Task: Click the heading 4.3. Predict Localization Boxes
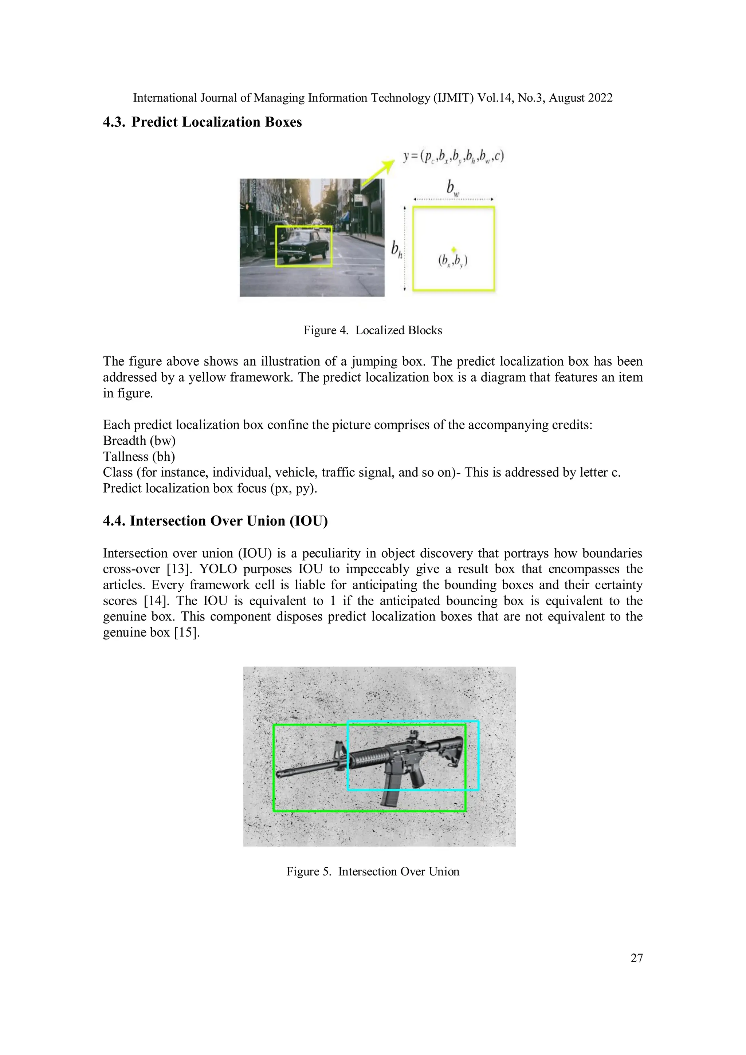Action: coord(202,122)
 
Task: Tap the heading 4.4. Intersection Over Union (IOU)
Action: coord(215,521)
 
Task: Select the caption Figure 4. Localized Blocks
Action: coord(372,330)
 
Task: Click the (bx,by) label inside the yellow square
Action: coord(453,261)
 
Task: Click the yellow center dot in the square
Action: coord(454,249)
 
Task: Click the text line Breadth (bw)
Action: coord(139,441)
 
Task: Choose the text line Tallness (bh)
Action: coord(139,457)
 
